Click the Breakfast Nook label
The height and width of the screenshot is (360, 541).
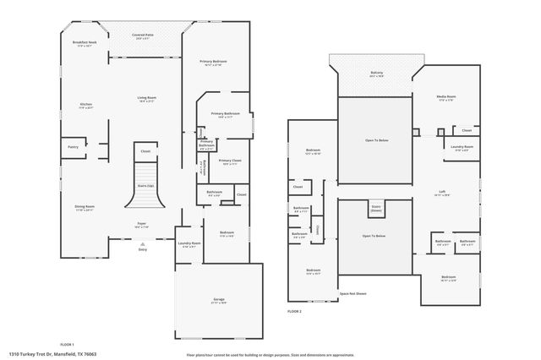click(85, 43)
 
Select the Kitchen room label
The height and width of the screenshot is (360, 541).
click(85, 106)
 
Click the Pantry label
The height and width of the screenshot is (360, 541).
click(73, 146)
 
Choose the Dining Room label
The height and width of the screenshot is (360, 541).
click(85, 208)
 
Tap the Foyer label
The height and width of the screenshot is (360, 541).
click(142, 226)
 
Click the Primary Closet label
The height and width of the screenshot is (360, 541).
click(230, 161)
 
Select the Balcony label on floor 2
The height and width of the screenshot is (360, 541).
click(376, 74)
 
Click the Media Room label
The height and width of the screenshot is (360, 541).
click(445, 99)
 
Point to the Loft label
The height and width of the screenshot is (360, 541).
click(442, 192)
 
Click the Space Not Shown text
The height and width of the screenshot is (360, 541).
click(352, 293)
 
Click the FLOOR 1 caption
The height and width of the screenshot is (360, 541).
click(67, 344)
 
